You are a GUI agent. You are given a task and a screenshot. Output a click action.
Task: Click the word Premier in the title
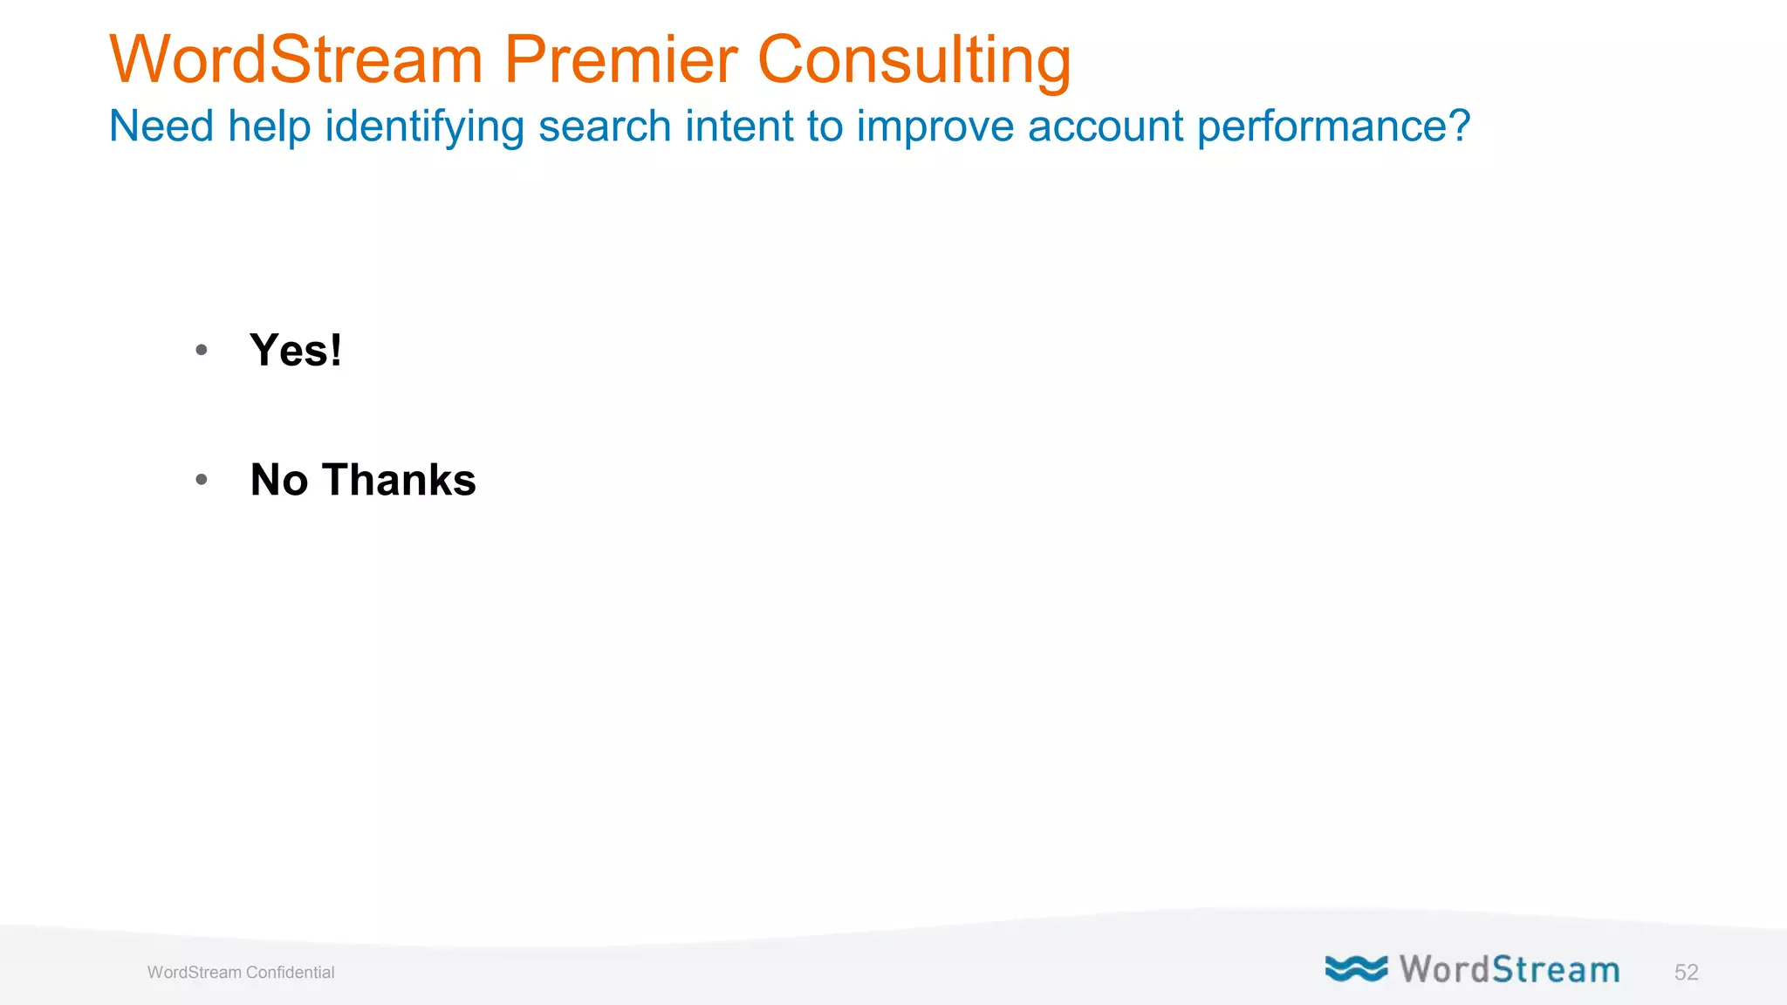point(620,59)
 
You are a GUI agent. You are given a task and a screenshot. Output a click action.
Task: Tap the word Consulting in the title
point(914,61)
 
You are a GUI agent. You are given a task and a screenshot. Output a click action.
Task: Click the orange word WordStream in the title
point(296,59)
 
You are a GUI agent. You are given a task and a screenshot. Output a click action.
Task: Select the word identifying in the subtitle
point(425,126)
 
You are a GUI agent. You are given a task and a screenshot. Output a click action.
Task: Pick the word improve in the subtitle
point(935,126)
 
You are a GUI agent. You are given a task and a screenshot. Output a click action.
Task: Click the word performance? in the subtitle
point(1333,126)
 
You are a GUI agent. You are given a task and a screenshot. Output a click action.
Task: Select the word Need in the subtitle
point(161,126)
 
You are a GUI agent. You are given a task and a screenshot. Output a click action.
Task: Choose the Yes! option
point(296,351)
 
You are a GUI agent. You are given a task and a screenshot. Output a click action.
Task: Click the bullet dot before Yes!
point(202,351)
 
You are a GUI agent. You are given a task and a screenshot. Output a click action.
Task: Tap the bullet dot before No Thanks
point(202,479)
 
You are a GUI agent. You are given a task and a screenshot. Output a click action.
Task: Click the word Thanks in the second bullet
point(399,480)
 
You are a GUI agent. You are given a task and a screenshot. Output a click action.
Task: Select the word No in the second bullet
point(279,480)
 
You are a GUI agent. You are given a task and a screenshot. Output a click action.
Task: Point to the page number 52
point(1686,973)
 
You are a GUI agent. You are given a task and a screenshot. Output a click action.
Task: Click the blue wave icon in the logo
point(1356,968)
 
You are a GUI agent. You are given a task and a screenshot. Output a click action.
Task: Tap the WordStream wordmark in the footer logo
point(1510,970)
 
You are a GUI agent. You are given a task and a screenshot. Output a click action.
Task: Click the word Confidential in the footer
point(290,973)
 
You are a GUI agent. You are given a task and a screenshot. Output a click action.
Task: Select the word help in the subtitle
point(269,126)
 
